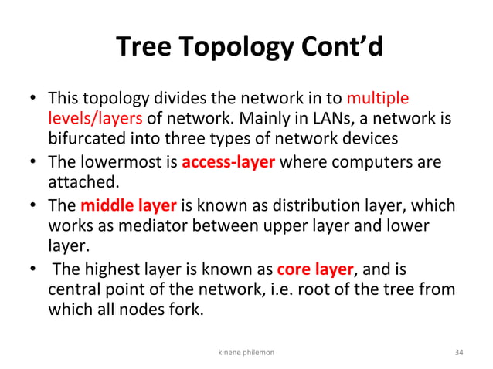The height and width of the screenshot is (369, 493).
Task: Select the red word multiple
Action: pos(378,99)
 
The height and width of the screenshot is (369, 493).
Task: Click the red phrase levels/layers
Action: pos(94,119)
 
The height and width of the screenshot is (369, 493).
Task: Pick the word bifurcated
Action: pos(84,139)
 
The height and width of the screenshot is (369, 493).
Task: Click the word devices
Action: pos(372,139)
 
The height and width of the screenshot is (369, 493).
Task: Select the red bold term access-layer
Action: pos(229,163)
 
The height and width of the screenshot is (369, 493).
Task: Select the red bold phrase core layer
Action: pos(314,269)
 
